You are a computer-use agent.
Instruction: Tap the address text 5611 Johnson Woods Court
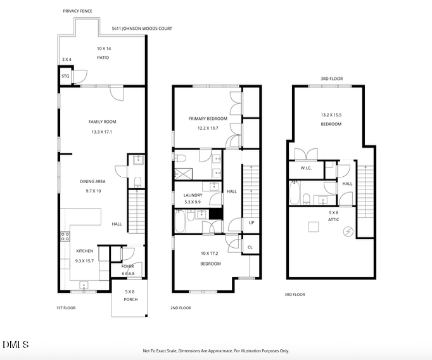(141, 29)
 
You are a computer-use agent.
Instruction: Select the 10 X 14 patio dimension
(103, 49)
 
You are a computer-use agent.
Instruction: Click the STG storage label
(65, 77)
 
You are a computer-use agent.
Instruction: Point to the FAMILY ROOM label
(102, 122)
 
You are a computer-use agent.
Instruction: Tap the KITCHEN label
(84, 251)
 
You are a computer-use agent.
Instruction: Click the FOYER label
(127, 266)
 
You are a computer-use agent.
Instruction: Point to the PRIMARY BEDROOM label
(207, 119)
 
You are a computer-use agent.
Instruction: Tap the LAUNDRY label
(192, 195)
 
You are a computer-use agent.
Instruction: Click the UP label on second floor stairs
(251, 223)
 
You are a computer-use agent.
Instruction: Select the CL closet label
(250, 247)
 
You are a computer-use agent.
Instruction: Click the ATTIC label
(334, 220)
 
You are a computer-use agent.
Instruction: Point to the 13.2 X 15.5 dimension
(331, 115)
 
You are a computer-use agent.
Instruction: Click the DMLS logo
(16, 345)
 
